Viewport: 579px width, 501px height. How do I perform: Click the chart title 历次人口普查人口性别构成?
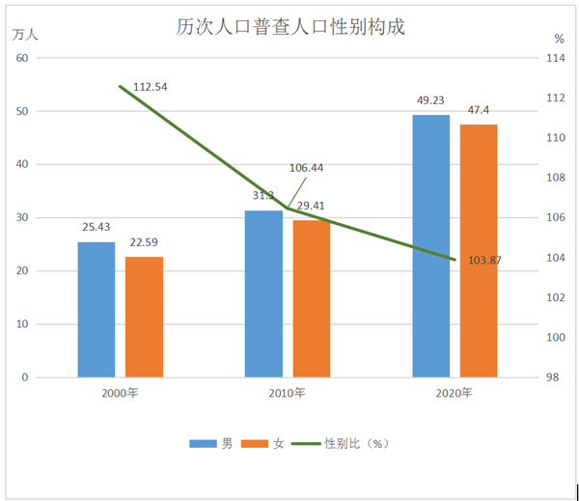click(289, 26)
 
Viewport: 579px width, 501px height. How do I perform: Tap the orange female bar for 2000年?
click(144, 317)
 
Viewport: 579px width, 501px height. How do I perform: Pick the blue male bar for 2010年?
click(263, 293)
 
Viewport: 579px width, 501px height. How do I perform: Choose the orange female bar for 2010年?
click(312, 298)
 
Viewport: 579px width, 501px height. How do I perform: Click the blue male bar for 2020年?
click(431, 246)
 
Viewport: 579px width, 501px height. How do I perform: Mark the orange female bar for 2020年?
click(479, 251)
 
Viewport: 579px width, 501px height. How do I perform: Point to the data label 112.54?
click(151, 87)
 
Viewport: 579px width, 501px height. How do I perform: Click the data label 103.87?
click(482, 260)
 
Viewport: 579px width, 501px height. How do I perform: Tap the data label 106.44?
click(306, 167)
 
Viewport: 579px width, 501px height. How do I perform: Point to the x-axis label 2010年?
click(287, 393)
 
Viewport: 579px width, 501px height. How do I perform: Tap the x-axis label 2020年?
click(455, 393)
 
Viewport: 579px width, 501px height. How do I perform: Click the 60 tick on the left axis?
click(22, 58)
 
